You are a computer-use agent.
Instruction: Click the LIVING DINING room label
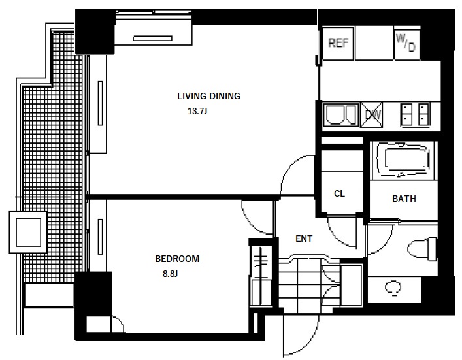(208, 96)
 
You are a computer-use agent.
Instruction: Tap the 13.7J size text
(197, 111)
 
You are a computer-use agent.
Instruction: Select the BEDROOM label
(177, 259)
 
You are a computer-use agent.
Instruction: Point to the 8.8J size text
(171, 274)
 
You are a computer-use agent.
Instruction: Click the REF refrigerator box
(338, 43)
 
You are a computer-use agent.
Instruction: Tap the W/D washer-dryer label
(406, 42)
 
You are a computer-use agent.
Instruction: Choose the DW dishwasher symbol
(372, 114)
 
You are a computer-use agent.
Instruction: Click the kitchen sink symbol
(341, 114)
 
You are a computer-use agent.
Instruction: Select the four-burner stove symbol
(415, 114)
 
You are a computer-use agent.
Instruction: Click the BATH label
(404, 199)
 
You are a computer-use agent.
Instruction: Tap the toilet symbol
(421, 249)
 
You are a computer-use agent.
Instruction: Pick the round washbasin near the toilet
(393, 287)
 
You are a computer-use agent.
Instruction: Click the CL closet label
(339, 194)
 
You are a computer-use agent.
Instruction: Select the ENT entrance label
(304, 238)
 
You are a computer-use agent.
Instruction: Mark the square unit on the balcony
(28, 232)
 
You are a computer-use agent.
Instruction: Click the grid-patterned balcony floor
(53, 177)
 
